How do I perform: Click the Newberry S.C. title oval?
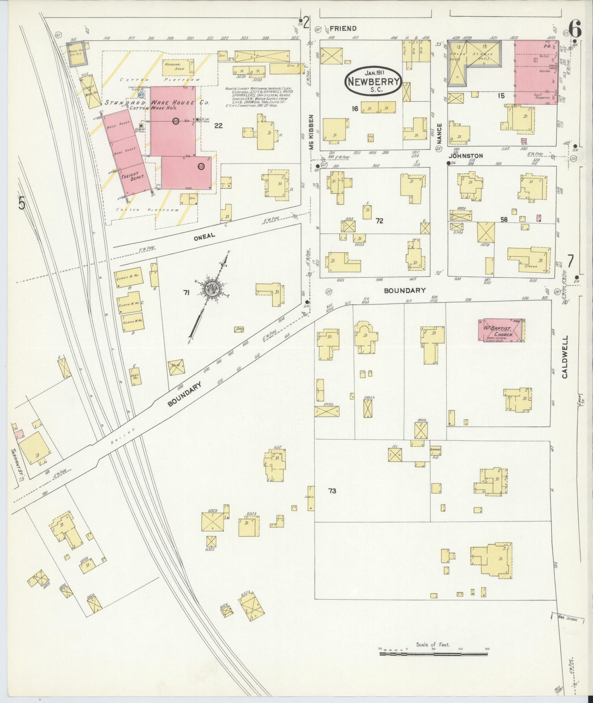(374, 80)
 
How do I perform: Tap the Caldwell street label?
(565, 356)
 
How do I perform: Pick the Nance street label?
(438, 134)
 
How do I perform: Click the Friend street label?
(343, 28)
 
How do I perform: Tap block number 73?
(332, 491)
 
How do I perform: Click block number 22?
(219, 126)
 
